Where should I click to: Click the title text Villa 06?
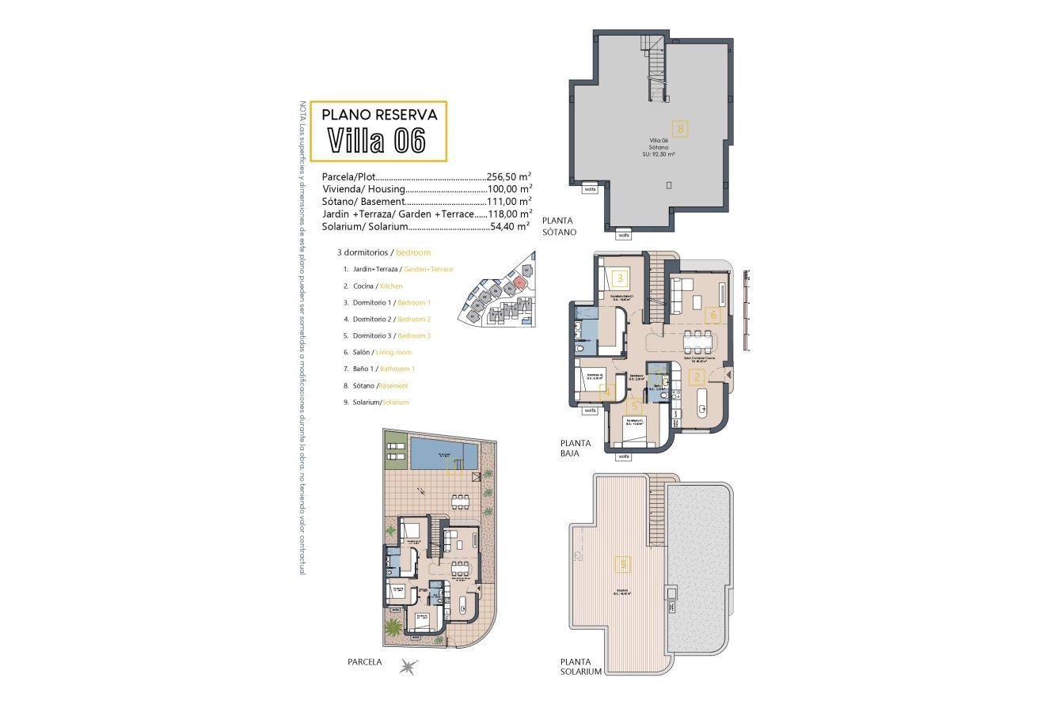(x=377, y=141)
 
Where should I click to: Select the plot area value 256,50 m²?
(x=508, y=177)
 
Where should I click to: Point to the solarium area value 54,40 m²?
(x=508, y=227)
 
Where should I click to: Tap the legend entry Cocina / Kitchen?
(x=377, y=286)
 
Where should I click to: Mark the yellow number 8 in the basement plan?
(x=679, y=127)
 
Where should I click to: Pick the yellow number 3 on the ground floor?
(x=620, y=278)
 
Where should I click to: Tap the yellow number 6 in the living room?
(x=712, y=315)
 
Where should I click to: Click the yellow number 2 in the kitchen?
(x=697, y=378)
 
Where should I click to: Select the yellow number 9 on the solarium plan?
(x=624, y=564)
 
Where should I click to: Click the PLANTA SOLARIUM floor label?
(x=580, y=666)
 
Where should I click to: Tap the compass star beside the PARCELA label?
(x=408, y=666)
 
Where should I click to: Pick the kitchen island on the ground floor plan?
(x=701, y=402)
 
